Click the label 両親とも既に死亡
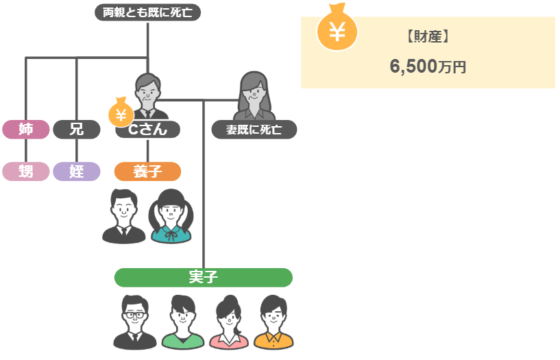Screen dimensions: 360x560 point(147,12)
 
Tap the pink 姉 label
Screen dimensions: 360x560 point(26,129)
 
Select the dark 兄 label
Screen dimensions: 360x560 point(77,129)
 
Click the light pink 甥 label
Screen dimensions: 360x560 point(26,171)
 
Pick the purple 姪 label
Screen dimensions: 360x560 point(77,171)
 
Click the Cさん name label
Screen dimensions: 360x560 point(148,129)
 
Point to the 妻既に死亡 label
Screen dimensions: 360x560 point(253,129)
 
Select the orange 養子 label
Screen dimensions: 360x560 point(147,171)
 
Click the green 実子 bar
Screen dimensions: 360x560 point(203,277)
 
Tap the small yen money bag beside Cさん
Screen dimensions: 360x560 point(121,112)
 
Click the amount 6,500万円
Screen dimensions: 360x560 point(428,67)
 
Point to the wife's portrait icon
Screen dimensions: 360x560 point(253,95)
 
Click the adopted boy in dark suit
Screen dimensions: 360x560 point(123,215)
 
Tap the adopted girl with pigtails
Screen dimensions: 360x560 point(171,215)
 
